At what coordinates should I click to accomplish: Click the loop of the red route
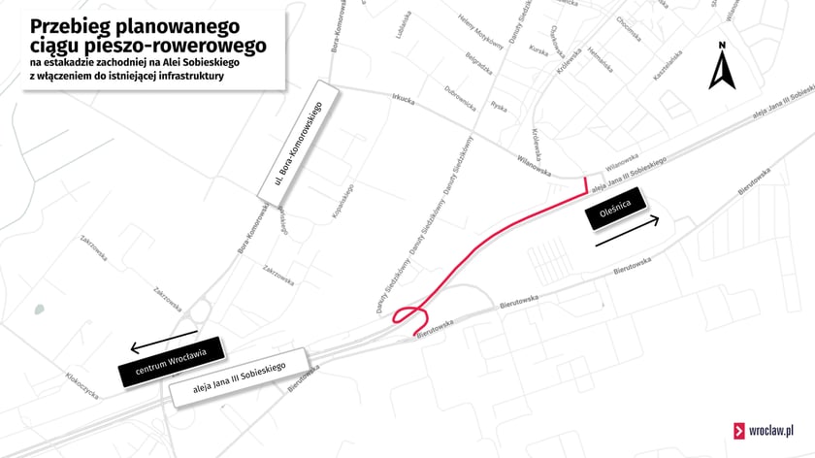pyautogui.click(x=411, y=314)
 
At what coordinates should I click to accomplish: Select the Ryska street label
pyautogui.click(x=499, y=106)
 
